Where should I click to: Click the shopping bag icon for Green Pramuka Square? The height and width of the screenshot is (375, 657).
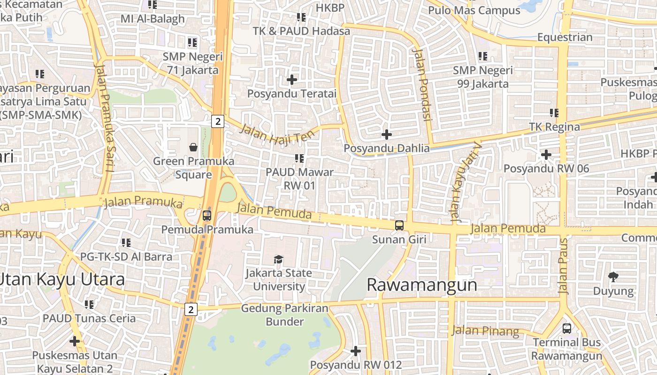pyautogui.click(x=193, y=148)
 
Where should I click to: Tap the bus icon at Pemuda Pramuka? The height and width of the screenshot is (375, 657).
pyautogui.click(x=206, y=216)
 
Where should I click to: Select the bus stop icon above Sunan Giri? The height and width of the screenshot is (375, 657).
pyautogui.click(x=399, y=225)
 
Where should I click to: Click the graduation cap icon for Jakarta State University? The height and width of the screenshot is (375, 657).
pyautogui.click(x=279, y=259)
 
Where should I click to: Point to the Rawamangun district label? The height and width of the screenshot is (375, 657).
pyautogui.click(x=421, y=285)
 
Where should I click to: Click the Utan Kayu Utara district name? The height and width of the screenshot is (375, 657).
pyautogui.click(x=62, y=279)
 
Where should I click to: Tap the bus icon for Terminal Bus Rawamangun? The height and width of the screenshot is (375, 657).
pyautogui.click(x=567, y=328)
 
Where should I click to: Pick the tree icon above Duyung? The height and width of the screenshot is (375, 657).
pyautogui.click(x=613, y=277)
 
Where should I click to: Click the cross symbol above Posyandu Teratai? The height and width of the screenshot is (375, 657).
pyautogui.click(x=292, y=80)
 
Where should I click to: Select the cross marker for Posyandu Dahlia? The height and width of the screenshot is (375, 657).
pyautogui.click(x=386, y=135)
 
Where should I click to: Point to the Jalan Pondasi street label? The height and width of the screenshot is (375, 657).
pyautogui.click(x=421, y=84)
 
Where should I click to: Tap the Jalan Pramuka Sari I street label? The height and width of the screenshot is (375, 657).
pyautogui.click(x=105, y=117)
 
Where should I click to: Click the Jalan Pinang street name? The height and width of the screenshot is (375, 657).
pyautogui.click(x=485, y=331)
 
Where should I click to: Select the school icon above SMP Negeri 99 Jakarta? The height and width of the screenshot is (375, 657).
pyautogui.click(x=483, y=56)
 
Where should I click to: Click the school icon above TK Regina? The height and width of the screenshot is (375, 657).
pyautogui.click(x=554, y=113)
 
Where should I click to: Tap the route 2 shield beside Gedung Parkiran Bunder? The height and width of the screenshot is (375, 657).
pyautogui.click(x=190, y=309)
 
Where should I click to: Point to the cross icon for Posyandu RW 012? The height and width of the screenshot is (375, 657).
pyautogui.click(x=356, y=351)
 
